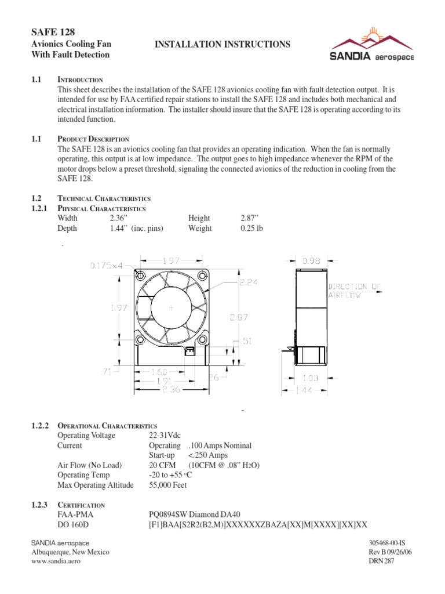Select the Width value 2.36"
(119, 218)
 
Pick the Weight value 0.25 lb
(252, 229)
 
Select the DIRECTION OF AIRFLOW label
(355, 291)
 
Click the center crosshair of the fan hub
(171, 308)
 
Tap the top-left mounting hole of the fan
(141, 276)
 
